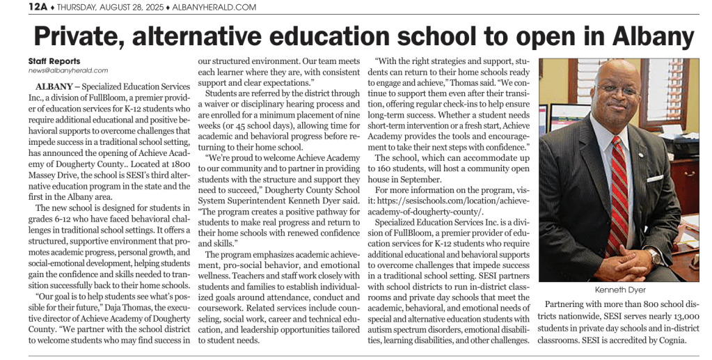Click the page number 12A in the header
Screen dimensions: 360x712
pos(38,7)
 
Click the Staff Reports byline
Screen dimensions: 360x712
pos(54,61)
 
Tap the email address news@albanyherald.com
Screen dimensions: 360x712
pos(68,70)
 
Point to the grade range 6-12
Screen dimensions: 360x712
pos(63,219)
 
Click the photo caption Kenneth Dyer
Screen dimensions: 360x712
pos(619,289)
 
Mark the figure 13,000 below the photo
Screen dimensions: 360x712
pos(674,317)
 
